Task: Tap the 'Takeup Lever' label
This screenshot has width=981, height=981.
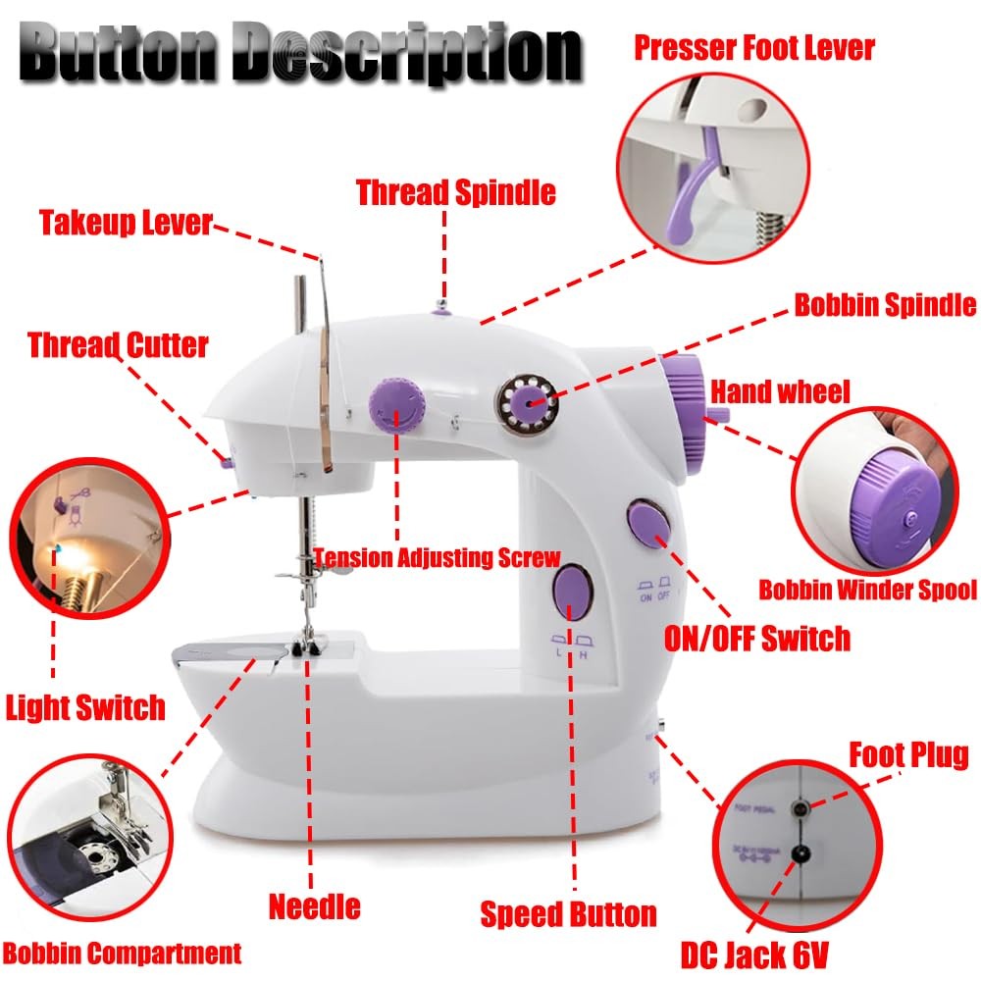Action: tap(126, 222)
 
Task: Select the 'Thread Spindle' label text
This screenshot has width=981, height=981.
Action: tap(455, 191)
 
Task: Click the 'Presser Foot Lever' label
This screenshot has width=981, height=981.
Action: tap(753, 46)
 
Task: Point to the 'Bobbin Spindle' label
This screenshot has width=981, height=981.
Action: tap(884, 304)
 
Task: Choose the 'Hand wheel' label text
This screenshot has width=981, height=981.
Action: tap(780, 392)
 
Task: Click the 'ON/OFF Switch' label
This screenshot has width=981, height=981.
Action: tap(756, 639)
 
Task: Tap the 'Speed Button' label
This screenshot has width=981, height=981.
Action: tap(568, 914)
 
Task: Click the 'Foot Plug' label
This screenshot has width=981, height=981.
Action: tap(907, 754)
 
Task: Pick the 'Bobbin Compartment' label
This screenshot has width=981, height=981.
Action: tap(122, 952)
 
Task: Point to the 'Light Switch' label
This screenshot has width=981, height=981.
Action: tap(85, 706)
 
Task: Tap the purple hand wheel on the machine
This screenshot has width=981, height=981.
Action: tap(685, 401)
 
